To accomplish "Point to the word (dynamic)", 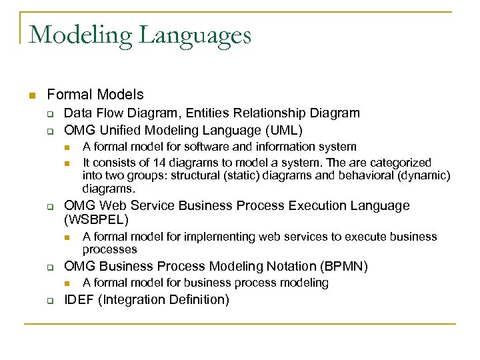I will (x=427, y=176).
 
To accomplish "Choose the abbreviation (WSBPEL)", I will (x=96, y=219).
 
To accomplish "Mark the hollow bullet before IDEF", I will (x=50, y=300).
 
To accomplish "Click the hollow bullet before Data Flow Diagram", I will (x=50, y=114).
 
